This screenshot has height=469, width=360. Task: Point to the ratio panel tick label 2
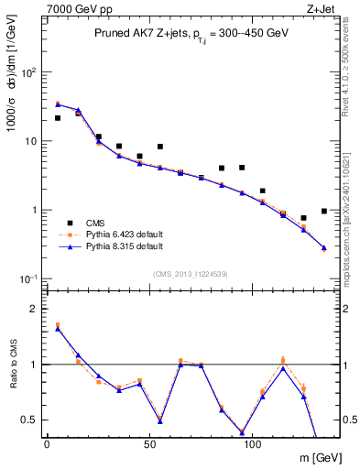click(34, 309)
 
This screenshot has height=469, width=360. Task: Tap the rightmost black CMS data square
click(324, 211)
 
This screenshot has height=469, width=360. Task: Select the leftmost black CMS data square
click(58, 118)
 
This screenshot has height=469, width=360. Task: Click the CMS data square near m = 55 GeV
click(160, 147)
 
